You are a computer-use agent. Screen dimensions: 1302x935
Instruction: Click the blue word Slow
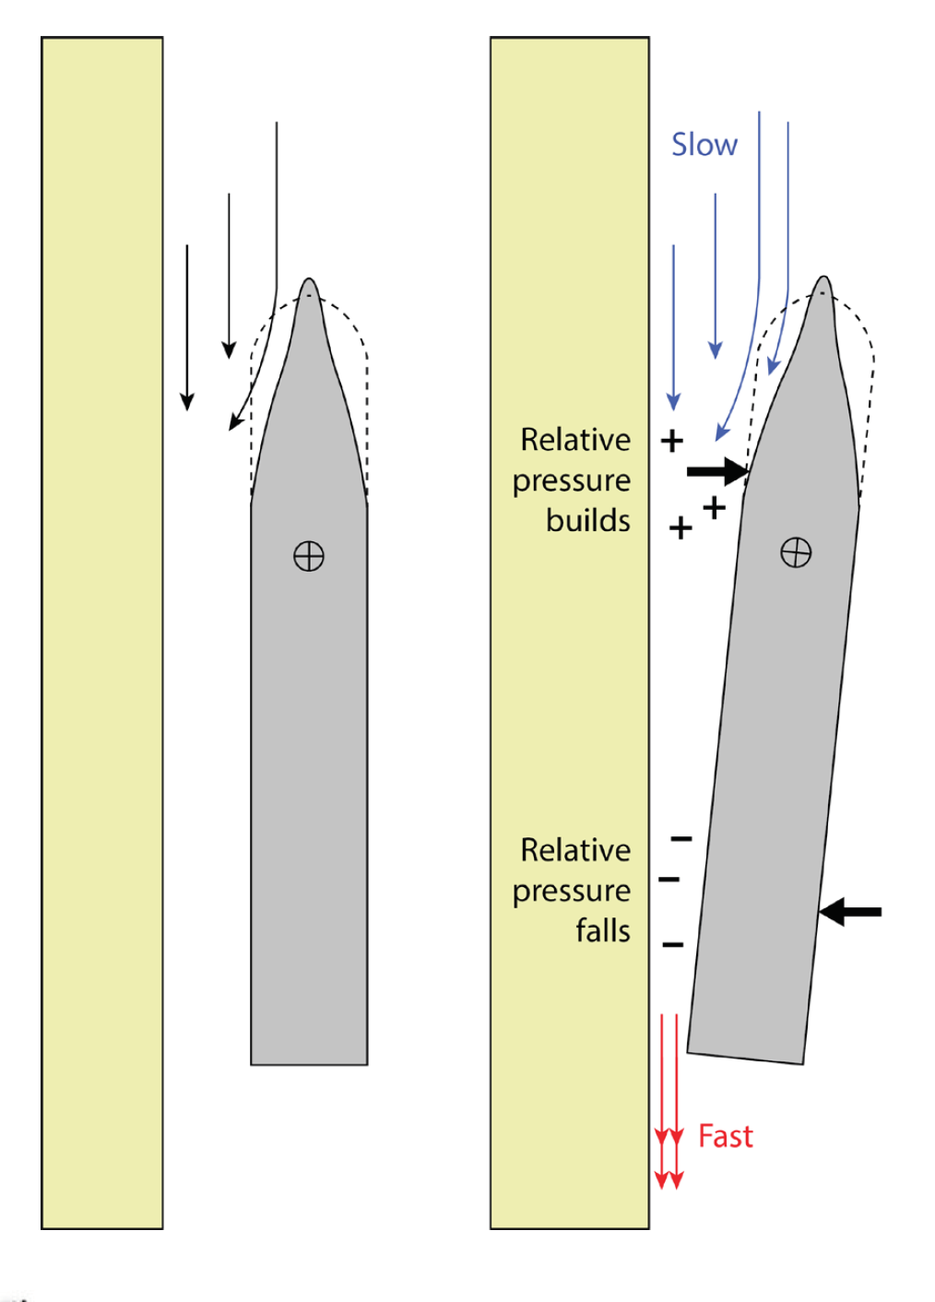[704, 145]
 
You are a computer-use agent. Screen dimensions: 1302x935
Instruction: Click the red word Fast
[725, 1136]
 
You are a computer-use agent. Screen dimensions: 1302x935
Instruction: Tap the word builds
[587, 520]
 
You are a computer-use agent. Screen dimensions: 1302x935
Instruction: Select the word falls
[602, 930]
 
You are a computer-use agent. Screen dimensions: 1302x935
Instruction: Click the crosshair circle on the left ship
[309, 556]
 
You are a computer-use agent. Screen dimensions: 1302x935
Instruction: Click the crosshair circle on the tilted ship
[796, 552]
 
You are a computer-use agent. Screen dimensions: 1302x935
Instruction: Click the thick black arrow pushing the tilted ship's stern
[850, 912]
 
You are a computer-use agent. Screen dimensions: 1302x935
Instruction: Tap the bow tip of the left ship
[309, 281]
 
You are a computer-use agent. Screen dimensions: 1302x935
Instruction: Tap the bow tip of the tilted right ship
[823, 279]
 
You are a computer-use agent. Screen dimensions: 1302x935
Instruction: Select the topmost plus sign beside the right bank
[672, 441]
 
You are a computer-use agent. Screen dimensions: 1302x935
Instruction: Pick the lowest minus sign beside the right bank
[673, 944]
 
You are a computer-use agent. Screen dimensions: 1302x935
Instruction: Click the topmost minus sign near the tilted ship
[681, 838]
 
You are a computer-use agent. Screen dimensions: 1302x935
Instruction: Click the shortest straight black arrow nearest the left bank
[187, 327]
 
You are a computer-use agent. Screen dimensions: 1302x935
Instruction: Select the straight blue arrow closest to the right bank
[673, 327]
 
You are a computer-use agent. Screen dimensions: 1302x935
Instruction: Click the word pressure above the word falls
[572, 891]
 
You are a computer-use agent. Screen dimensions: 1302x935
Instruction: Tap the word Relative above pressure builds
[575, 440]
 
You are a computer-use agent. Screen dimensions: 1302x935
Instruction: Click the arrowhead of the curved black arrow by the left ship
[235, 421]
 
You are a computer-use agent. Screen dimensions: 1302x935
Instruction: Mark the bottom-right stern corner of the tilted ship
[801, 1062]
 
